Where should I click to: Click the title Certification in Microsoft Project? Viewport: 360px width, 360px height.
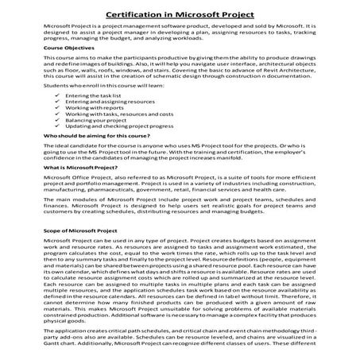(179, 13)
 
